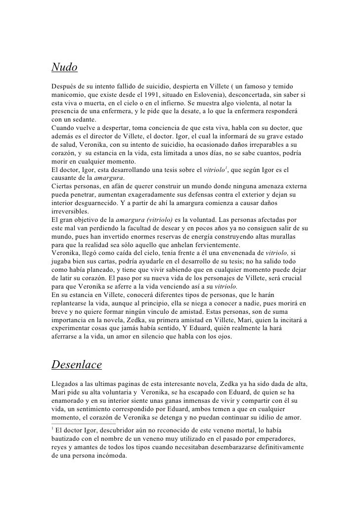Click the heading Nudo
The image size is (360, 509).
pyautogui.click(x=65, y=66)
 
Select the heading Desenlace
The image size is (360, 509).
pyautogui.click(x=77, y=365)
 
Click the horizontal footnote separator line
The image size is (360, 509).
pyautogui.click(x=83, y=424)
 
